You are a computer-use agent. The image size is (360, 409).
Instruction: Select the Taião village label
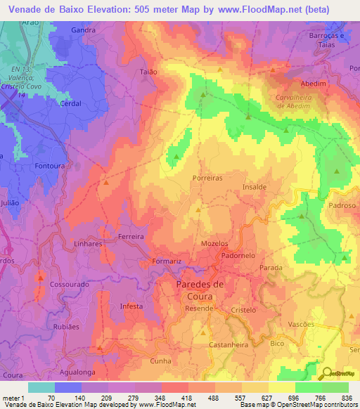click(148, 72)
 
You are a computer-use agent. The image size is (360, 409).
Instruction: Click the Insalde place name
click(254, 188)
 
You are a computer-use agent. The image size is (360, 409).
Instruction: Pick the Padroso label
click(343, 206)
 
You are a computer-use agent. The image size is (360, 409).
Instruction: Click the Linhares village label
click(88, 243)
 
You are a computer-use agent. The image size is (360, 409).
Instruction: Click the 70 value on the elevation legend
click(51, 398)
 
